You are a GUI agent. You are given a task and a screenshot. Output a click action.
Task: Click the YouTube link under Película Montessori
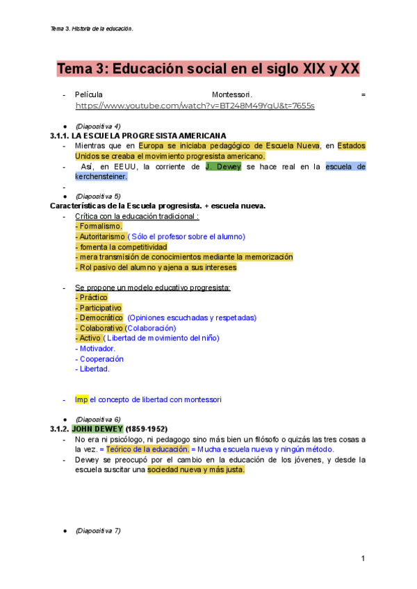[x=195, y=106]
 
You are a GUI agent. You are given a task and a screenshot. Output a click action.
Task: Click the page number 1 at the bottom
[x=363, y=559]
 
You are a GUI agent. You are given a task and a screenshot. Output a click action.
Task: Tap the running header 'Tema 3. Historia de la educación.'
[x=92, y=28]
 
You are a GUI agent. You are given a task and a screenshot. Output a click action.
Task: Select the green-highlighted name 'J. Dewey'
[x=224, y=167]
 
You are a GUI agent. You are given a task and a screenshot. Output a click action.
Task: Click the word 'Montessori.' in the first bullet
[x=232, y=94]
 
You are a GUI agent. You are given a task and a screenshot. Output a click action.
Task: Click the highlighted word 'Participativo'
[x=100, y=308]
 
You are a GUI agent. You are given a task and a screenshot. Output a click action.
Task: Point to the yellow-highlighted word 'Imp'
[x=81, y=399]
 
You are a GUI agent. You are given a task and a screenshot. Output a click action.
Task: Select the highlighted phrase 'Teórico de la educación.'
[x=147, y=449]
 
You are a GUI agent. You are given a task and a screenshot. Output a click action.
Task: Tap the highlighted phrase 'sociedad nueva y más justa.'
[x=196, y=470]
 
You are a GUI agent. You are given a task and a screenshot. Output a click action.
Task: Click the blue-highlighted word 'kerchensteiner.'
[x=101, y=176]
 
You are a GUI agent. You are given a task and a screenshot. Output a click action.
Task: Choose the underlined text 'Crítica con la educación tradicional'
[x=136, y=216]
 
